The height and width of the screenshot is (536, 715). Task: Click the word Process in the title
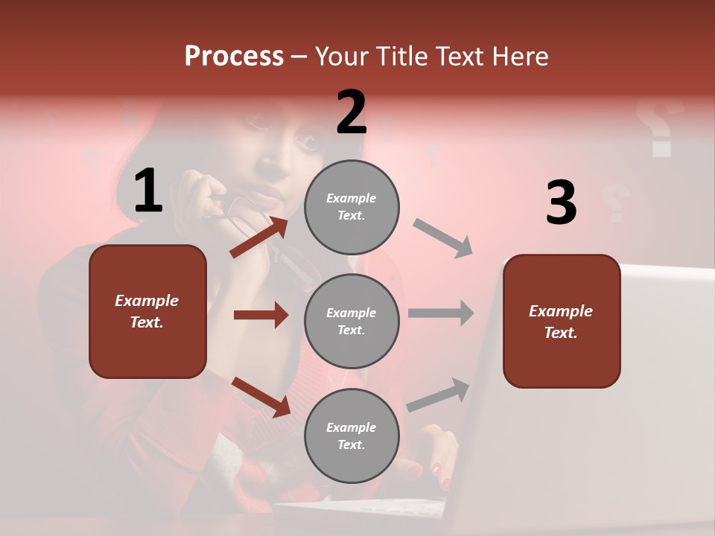pos(234,56)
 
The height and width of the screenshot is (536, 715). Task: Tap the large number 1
pos(148,191)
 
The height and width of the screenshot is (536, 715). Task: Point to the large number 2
pos(352,112)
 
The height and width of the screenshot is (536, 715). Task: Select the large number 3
pos(561,202)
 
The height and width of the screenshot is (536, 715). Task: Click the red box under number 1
pos(147,311)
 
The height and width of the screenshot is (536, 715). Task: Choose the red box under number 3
pos(562,321)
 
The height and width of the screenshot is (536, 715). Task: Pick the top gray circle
pos(352,207)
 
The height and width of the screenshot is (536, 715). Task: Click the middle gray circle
pos(352,321)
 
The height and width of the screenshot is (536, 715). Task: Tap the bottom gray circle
pos(352,435)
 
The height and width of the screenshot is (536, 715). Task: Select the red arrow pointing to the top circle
pos(259,237)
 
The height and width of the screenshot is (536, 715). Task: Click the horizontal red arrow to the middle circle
pos(261,315)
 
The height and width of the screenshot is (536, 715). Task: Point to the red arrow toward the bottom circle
pos(261,397)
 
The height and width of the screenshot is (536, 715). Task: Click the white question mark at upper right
pos(659,127)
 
